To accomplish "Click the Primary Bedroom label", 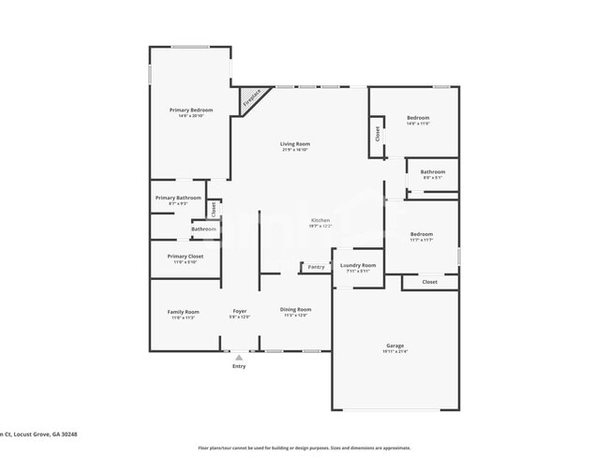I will coord(191,111).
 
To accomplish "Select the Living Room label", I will coord(295,144).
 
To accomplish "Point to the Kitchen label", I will coord(320,220).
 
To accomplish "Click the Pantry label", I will coord(317,267).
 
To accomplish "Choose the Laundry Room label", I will coord(358,265).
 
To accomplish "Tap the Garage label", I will coord(395,346).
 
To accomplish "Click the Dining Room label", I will coord(296,310).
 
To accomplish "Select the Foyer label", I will coord(240,311).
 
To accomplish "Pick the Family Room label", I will coord(184,312).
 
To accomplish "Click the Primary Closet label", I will coord(186,256).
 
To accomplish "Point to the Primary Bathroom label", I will coord(178,198).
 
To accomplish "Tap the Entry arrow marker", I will coord(239,357).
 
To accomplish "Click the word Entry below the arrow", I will coord(239,366).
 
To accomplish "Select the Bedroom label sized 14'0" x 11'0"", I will coord(418,118).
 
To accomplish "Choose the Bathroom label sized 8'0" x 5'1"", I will coord(433,171).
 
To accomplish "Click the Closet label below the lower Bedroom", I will coord(430,282).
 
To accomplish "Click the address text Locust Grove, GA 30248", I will coord(45,434).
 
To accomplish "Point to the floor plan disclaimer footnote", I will coord(304,448).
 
